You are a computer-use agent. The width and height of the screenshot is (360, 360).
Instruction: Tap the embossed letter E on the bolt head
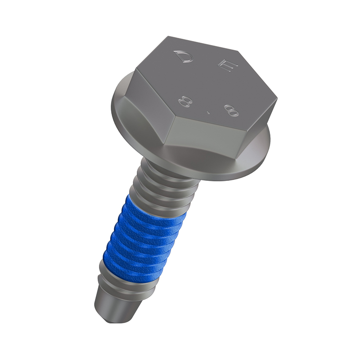pyautogui.click(x=227, y=66)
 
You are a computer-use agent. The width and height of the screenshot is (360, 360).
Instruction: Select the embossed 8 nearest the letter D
pyautogui.click(x=185, y=102)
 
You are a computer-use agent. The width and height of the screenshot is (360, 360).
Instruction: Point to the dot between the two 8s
pyautogui.click(x=208, y=112)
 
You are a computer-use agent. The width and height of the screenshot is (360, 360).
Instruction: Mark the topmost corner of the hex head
pyautogui.click(x=168, y=36)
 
